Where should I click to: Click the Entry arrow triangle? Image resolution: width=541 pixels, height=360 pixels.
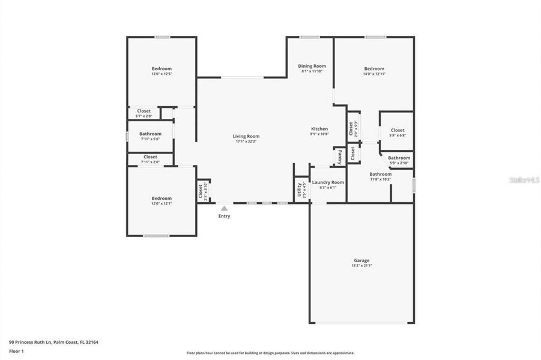click(224, 208)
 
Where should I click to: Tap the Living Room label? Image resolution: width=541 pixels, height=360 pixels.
click(246, 136)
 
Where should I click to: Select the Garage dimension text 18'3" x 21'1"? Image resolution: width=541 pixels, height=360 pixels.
click(361, 266)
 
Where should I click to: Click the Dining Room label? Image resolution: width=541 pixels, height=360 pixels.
click(312, 66)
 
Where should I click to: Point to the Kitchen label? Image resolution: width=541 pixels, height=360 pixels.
click(319, 129)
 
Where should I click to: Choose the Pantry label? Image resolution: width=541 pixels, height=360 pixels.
click(339, 156)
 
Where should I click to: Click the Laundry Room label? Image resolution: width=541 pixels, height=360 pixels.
click(328, 182)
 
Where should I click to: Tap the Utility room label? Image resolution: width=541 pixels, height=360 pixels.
click(299, 190)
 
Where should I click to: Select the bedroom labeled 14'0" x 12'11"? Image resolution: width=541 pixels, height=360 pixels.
click(373, 71)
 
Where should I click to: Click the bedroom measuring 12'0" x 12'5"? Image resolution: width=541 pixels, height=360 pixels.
click(161, 71)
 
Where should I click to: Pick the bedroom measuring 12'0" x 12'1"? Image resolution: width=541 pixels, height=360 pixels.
click(161, 200)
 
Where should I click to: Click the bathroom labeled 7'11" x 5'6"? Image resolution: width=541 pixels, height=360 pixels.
click(150, 136)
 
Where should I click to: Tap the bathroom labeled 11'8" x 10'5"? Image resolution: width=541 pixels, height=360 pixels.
click(380, 176)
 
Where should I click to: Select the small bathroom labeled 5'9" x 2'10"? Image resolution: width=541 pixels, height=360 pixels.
click(399, 160)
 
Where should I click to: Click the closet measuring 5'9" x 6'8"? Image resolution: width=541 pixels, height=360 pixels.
click(397, 132)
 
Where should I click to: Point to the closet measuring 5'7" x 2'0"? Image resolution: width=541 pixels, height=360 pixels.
click(144, 112)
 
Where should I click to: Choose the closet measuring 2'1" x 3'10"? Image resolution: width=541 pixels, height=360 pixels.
click(201, 191)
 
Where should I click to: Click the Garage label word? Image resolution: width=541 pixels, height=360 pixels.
click(361, 260)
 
